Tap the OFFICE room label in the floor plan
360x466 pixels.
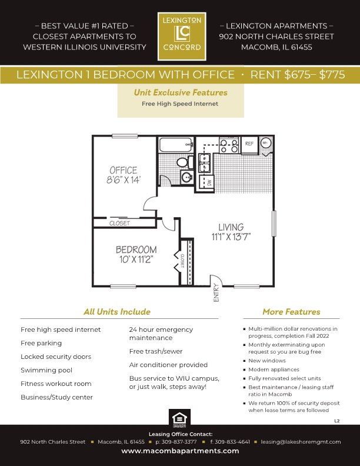pyautogui.click(x=123, y=175)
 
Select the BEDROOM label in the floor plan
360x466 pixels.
pyautogui.click(x=136, y=254)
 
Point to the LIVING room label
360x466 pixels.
pyautogui.click(x=231, y=232)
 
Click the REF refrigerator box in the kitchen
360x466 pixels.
pyautogui.click(x=249, y=144)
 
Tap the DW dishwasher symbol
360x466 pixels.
pyautogui.click(x=207, y=183)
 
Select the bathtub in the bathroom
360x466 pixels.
pyautogui.click(x=175, y=145)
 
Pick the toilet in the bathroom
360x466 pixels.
pyautogui.click(x=183, y=162)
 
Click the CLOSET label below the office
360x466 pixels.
pyautogui.click(x=119, y=223)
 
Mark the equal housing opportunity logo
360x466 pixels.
pyautogui.click(x=179, y=418)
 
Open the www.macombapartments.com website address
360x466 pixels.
pyautogui.click(x=180, y=451)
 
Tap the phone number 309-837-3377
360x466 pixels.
pyautogui.click(x=176, y=441)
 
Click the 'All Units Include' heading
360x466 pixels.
pyautogui.click(x=116, y=312)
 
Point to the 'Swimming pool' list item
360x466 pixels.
pyautogui.click(x=46, y=370)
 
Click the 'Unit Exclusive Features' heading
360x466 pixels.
pyautogui.click(x=180, y=92)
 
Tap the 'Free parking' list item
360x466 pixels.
pyautogui.click(x=41, y=343)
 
